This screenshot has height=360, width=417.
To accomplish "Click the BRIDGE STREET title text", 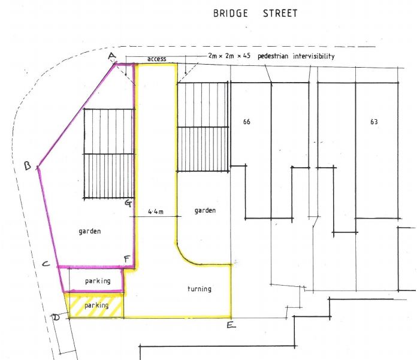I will tap(255, 13).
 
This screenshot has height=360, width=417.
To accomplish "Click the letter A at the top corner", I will tap(111, 56).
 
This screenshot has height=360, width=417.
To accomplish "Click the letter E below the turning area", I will tap(231, 326).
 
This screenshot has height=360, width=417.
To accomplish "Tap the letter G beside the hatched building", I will tap(128, 203).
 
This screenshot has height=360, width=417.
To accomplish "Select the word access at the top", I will tap(155, 59).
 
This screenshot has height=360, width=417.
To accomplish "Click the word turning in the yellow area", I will tap(199, 289).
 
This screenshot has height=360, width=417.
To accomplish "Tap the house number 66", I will tap(247, 122).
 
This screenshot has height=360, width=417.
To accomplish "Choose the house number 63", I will tap(374, 122).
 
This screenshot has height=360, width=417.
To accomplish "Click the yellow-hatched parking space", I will tap(95, 305).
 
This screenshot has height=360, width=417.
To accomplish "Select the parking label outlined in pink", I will tap(97, 281).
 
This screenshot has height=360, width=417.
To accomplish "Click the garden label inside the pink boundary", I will tap(89, 231).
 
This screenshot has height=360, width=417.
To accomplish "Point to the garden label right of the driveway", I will tap(205, 211).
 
